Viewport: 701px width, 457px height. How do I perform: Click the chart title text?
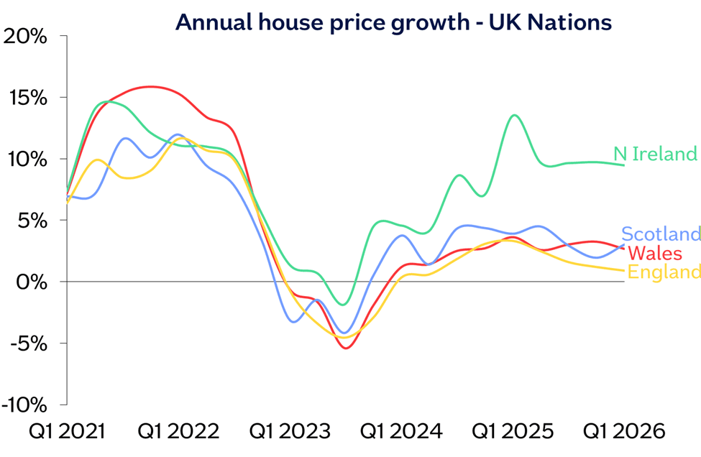393,22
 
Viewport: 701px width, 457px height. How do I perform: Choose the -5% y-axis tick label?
29,343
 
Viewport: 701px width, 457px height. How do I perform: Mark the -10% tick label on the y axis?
25,405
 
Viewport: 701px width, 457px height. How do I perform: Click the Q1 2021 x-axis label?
66,432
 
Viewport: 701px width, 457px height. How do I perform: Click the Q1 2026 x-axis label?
623,432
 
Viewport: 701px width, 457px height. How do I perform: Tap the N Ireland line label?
655,154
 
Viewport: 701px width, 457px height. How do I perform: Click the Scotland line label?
661,234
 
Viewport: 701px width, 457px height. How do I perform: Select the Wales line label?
655,253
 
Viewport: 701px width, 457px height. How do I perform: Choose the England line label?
664,272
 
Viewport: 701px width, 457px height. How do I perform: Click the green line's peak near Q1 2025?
514,115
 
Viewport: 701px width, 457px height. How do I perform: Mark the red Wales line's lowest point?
346,348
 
